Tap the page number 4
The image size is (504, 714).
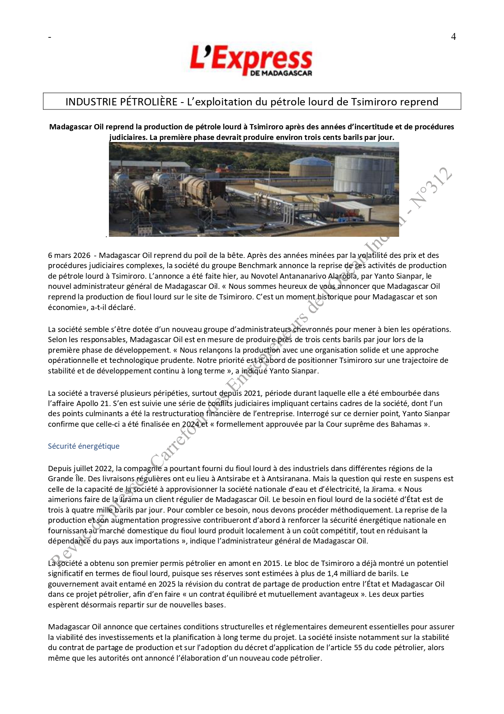point(453,37)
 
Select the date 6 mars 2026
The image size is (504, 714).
point(69,255)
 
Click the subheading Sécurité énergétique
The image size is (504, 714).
point(84,446)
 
